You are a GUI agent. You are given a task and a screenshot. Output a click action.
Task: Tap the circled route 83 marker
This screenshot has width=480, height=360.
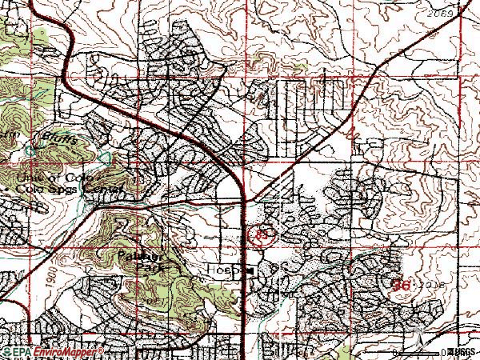point(261,235)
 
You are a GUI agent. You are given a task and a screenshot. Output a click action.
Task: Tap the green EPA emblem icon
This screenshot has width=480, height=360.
point(8,351)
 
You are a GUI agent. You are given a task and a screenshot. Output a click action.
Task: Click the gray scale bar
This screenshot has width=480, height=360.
point(416,350)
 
